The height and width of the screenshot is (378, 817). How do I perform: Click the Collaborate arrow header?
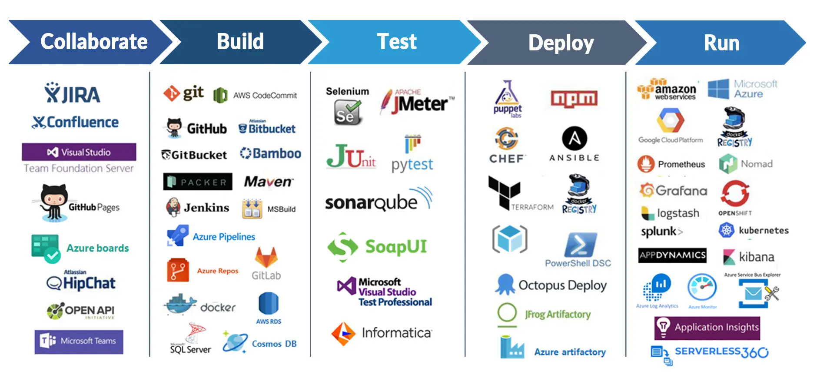93,42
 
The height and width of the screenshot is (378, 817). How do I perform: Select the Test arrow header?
396,42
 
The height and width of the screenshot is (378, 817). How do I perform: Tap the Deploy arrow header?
561,43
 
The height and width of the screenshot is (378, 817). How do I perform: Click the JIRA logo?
73,93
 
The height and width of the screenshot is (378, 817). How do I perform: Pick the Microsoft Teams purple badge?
79,342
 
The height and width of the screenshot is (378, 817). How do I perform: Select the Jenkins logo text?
206,208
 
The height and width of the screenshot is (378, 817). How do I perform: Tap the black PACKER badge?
198,182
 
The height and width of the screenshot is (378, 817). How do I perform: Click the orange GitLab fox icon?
266,258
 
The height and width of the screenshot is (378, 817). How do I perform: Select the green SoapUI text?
396,246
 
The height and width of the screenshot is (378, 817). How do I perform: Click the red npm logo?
574,99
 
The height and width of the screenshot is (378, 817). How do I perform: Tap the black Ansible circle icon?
575,139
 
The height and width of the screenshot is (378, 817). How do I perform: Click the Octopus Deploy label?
562,285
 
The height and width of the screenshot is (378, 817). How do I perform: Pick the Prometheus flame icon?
646,164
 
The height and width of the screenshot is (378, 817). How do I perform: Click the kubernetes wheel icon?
726,230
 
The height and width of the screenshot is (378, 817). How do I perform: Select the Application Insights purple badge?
707,328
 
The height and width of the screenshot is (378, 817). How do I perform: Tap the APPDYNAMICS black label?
672,255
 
